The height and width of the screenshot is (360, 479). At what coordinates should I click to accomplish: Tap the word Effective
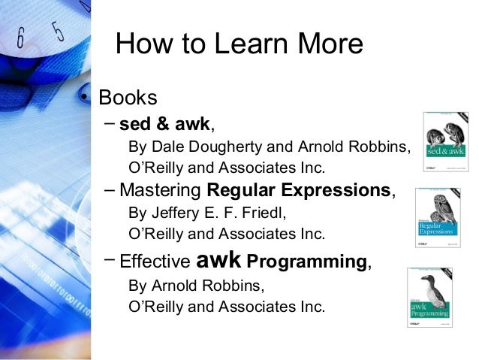(155, 263)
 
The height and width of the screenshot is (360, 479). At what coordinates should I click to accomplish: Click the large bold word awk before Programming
(218, 260)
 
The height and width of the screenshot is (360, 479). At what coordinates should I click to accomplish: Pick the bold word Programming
(307, 263)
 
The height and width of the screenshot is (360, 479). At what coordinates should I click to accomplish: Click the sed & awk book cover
(446, 144)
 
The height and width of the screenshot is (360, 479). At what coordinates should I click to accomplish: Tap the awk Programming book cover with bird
(430, 298)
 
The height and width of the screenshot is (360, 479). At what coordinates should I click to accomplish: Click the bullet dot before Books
(87, 98)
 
